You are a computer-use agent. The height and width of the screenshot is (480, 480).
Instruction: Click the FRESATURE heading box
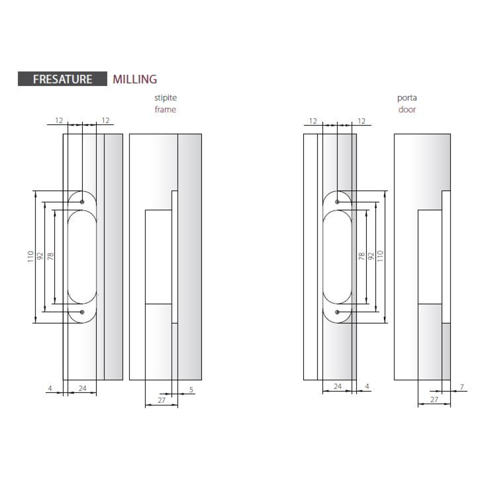(62, 79)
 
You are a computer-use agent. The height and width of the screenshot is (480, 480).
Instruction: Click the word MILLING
(135, 79)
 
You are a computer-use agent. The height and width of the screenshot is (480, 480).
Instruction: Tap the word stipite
(166, 98)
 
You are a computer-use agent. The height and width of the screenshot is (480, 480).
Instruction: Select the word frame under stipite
(166, 109)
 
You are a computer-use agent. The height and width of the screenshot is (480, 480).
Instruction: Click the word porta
(407, 98)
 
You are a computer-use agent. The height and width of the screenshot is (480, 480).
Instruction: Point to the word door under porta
(407, 109)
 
